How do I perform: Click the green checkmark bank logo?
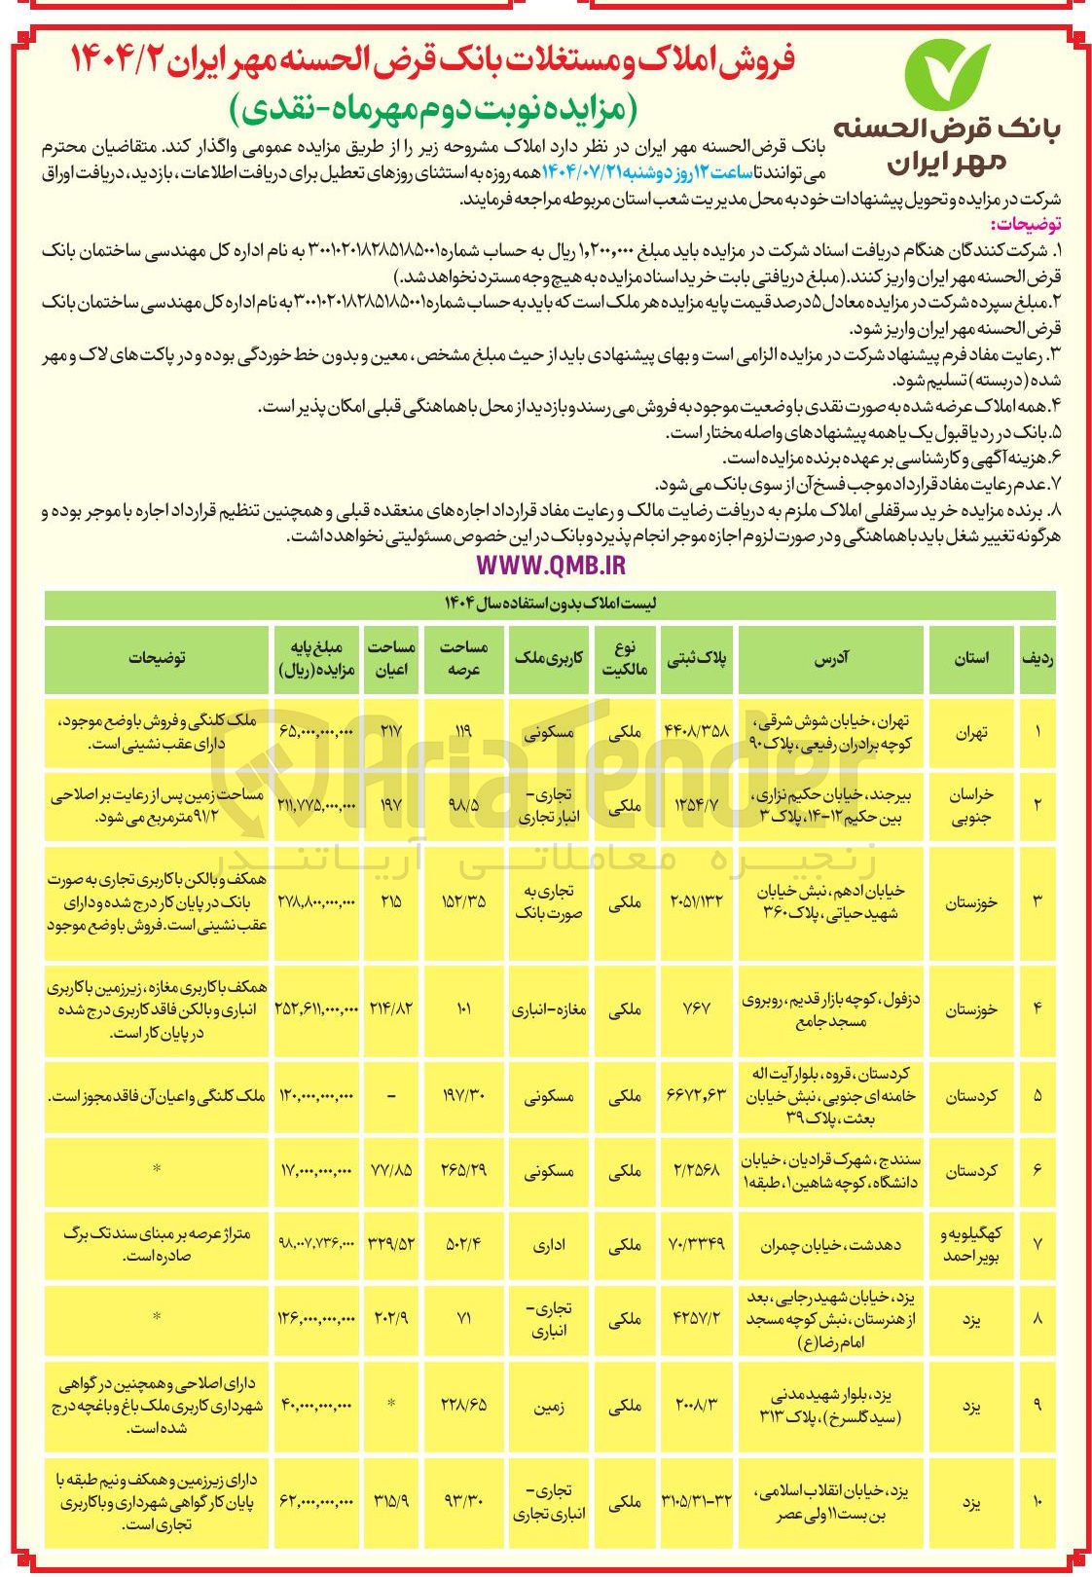point(946,75)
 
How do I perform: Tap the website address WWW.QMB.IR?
point(551,565)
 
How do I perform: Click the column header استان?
point(971,658)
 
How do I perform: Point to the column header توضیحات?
point(157,658)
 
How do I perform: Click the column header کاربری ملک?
point(548,658)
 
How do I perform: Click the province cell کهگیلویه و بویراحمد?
point(971,1244)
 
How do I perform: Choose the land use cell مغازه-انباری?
point(548,1009)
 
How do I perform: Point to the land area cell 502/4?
point(462,1244)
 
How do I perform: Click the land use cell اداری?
point(548,1244)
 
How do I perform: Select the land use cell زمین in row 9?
point(548,1405)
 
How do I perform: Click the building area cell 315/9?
point(391,1502)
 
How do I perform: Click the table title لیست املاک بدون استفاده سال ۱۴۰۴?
point(551,605)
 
